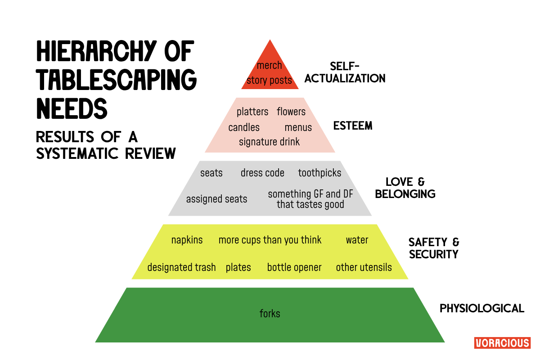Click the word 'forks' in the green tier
(270, 314)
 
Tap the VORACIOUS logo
(502, 343)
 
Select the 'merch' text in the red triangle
(269, 66)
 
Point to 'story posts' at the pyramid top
(269, 81)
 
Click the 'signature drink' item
(269, 142)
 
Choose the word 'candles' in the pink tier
(244, 127)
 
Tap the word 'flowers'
(291, 112)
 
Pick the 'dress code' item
(262, 173)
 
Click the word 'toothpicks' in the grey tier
(319, 173)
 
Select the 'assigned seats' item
(216, 199)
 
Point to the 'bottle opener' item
(294, 267)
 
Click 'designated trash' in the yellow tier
(181, 267)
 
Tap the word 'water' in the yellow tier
(357, 240)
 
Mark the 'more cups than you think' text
(270, 240)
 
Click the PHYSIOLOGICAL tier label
(481, 308)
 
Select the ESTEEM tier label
(353, 126)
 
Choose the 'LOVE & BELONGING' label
(405, 188)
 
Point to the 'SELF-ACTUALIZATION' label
(345, 72)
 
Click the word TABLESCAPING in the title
(117, 80)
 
